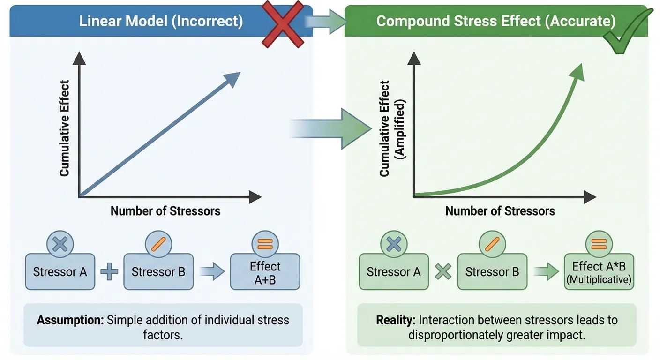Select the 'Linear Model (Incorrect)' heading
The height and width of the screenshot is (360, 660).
pos(161,22)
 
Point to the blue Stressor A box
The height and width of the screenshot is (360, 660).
pos(60,272)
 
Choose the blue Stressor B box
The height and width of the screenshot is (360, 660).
pos(158,272)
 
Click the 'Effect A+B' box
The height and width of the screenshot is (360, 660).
pos(265,272)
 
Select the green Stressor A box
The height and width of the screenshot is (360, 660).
pos(394,272)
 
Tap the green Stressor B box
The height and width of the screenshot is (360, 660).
pos(492,272)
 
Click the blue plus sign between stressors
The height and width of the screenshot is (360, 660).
pos(109,272)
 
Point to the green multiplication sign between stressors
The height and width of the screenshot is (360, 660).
pos(443,272)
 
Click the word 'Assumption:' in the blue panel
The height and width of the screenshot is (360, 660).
pos(70,321)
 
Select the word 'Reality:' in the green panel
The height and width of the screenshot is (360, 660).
pos(396,321)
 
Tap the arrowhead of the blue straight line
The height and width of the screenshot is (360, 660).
pos(232,79)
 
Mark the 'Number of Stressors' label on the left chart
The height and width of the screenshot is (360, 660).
pos(165,211)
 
